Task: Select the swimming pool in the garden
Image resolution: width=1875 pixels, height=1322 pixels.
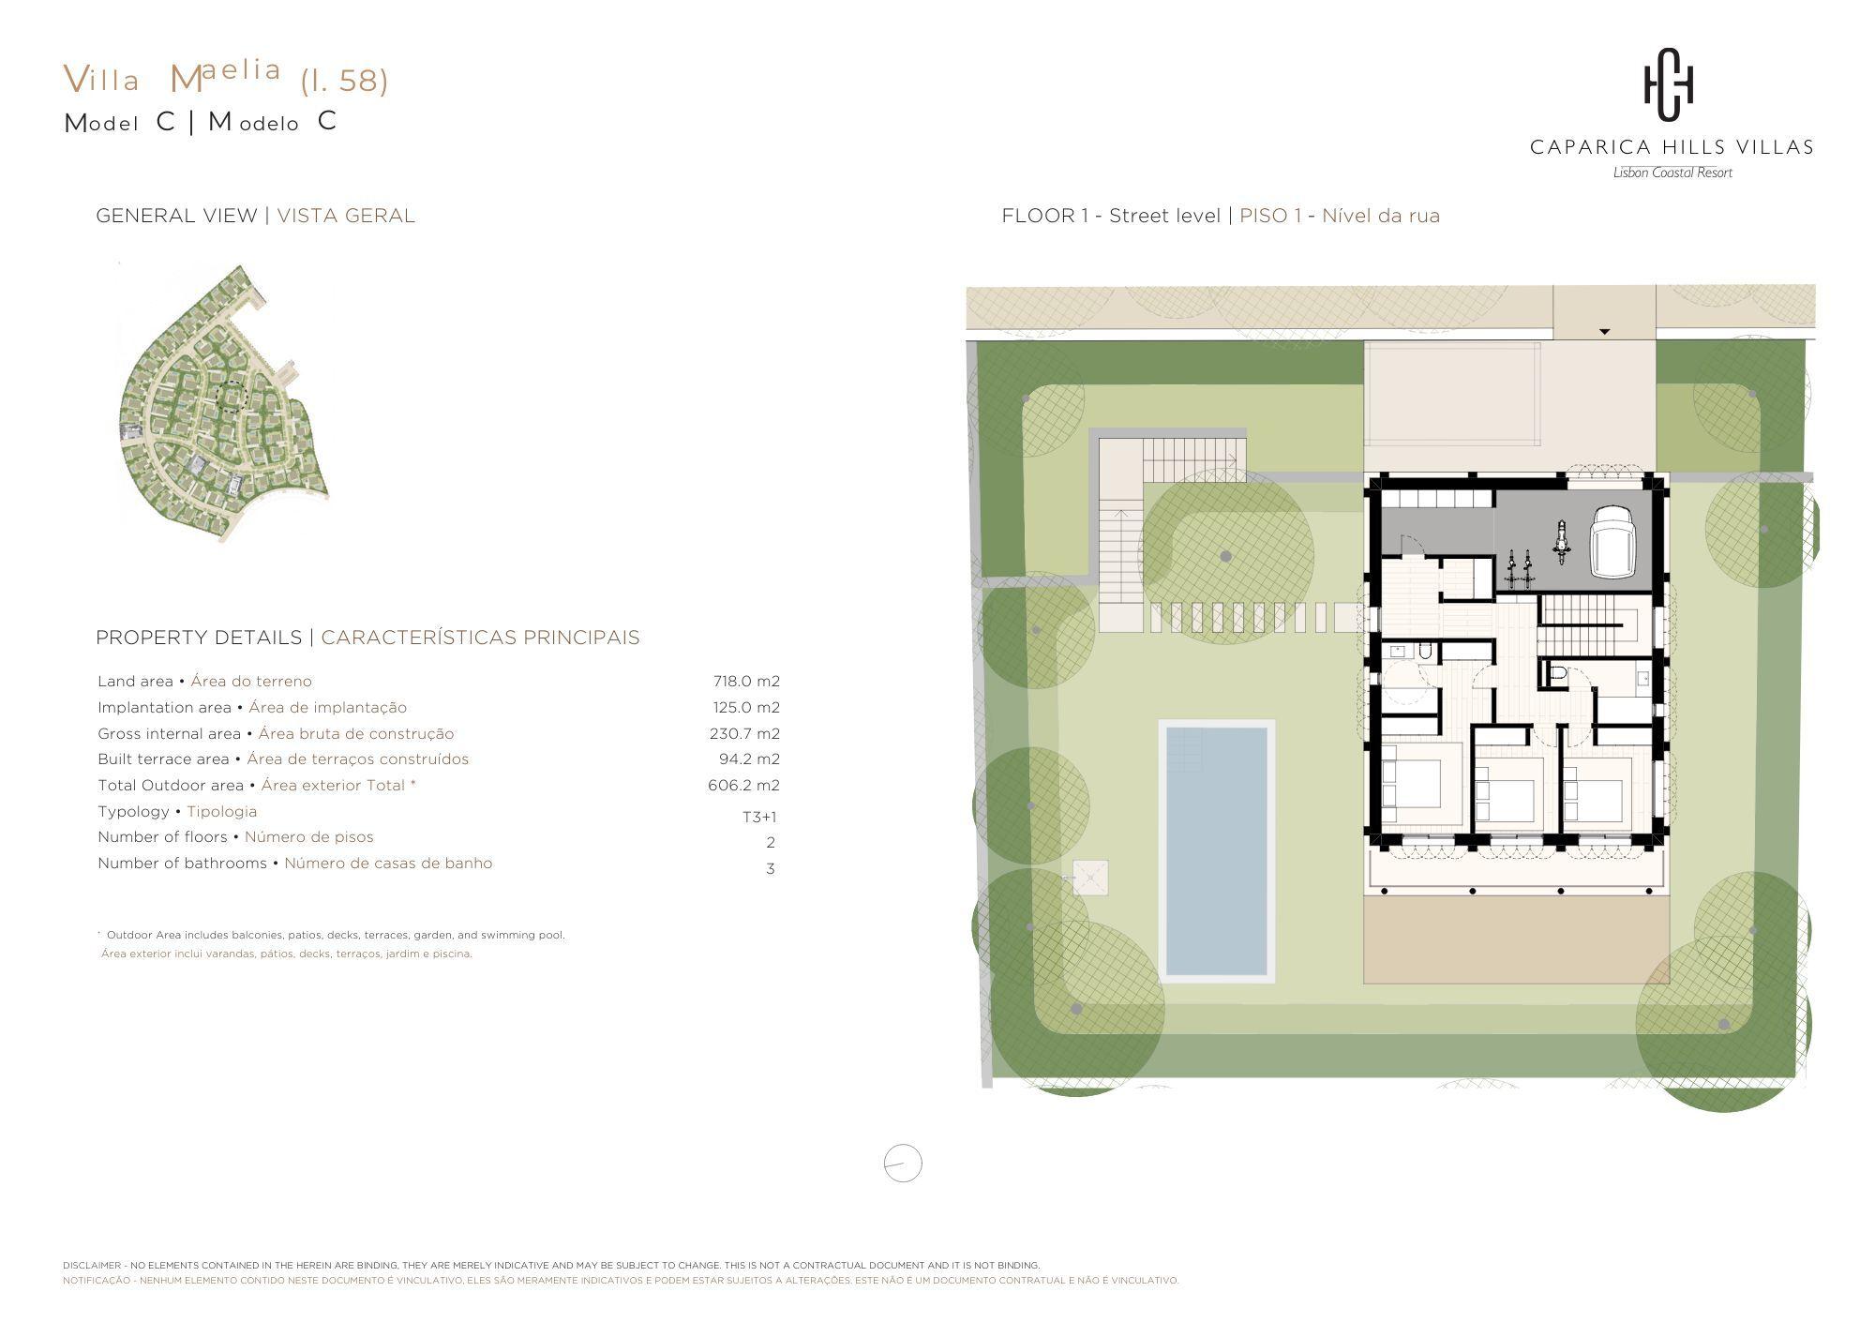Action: pyautogui.click(x=1217, y=851)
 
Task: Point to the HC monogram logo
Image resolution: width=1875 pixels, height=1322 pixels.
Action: pyautogui.click(x=1670, y=85)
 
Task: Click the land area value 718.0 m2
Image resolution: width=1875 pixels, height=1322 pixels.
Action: pyautogui.click(x=746, y=682)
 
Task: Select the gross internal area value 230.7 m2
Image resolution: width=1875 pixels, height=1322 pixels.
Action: pyautogui.click(x=744, y=734)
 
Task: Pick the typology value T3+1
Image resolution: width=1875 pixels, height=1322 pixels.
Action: pyautogui.click(x=759, y=817)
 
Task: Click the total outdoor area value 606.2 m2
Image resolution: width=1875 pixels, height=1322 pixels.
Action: pyautogui.click(x=743, y=786)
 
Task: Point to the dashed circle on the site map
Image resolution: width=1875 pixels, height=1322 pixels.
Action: pyautogui.click(x=231, y=397)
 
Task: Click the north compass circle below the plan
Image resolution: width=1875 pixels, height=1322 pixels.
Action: pyautogui.click(x=903, y=1164)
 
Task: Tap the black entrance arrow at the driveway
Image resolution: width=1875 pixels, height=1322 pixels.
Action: pyautogui.click(x=1604, y=332)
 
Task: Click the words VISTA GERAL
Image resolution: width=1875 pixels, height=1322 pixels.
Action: pyautogui.click(x=346, y=216)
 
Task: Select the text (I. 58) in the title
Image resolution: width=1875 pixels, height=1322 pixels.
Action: pyautogui.click(x=344, y=81)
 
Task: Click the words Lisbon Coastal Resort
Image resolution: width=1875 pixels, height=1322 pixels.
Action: pyautogui.click(x=1672, y=173)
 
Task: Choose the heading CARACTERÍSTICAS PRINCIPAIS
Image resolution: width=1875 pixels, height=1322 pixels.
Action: pyautogui.click(x=480, y=638)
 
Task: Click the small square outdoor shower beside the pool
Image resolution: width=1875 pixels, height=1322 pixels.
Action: pyautogui.click(x=1090, y=878)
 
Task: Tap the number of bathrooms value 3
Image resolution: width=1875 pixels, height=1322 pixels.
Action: pyautogui.click(x=771, y=869)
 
